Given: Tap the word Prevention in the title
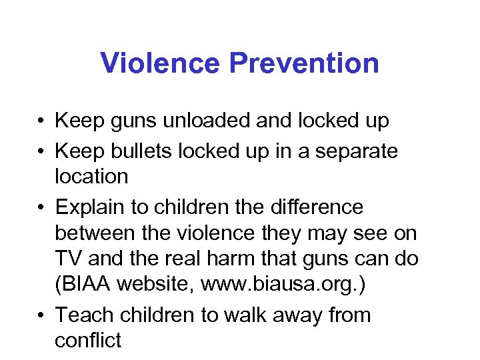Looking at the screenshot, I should coord(305,64).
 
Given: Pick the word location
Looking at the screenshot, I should coord(91,177).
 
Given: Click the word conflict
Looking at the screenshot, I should coord(88,340).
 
